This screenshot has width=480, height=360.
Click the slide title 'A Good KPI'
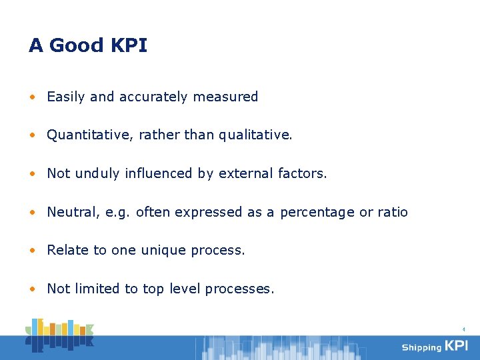pos(88,46)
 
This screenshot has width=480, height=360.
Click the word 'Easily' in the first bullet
pos(66,97)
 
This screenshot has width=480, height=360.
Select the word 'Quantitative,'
pos(90,135)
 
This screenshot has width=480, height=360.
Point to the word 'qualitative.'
pos(256,135)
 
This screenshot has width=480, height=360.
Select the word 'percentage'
pos(317,213)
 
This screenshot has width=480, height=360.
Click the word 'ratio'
pos(393,213)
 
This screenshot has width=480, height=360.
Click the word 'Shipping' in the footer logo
pos(421,347)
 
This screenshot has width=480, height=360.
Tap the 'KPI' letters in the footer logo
pos(457,346)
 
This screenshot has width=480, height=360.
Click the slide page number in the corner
pos(463,329)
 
